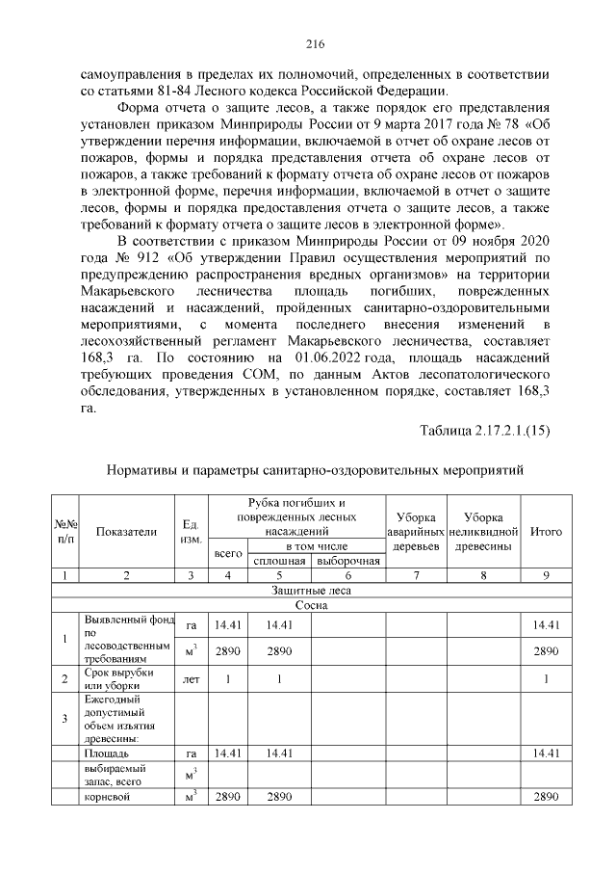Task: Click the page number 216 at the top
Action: [x=315, y=43]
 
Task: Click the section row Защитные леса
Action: [x=312, y=591]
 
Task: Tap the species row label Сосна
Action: [x=312, y=606]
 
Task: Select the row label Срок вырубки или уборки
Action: [x=114, y=677]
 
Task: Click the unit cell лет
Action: [x=191, y=678]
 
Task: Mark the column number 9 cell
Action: [x=546, y=575]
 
